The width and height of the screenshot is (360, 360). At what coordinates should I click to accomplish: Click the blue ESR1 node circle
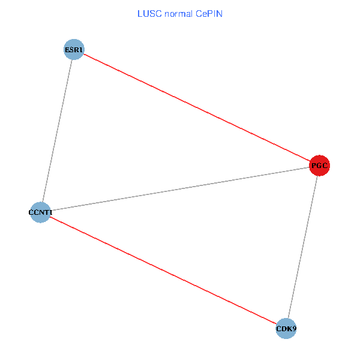click(73, 49)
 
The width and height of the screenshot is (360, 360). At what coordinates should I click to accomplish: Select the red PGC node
click(320, 165)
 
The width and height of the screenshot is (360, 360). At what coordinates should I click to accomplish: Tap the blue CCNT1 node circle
click(40, 212)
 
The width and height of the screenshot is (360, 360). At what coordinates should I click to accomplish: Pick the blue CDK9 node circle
click(286, 328)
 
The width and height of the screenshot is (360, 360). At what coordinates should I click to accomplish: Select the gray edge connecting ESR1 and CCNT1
click(56, 131)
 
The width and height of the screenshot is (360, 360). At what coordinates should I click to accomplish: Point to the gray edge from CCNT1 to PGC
click(180, 188)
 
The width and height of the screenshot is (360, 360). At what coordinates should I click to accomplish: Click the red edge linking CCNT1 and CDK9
click(162, 270)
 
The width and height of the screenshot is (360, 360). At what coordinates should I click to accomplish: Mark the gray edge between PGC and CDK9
click(303, 247)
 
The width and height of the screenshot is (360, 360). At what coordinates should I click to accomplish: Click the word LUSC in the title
click(148, 13)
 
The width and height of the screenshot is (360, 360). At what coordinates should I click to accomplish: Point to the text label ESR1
click(73, 49)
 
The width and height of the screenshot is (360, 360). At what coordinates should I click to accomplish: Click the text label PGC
click(320, 165)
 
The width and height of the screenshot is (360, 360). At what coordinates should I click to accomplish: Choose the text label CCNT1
click(40, 212)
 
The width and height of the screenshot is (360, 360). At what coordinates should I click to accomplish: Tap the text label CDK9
click(286, 329)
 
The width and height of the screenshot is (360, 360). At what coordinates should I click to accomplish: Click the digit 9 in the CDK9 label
click(294, 329)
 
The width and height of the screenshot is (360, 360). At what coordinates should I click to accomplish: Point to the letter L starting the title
click(140, 13)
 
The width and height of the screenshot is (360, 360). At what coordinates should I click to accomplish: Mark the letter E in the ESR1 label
click(67, 49)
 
